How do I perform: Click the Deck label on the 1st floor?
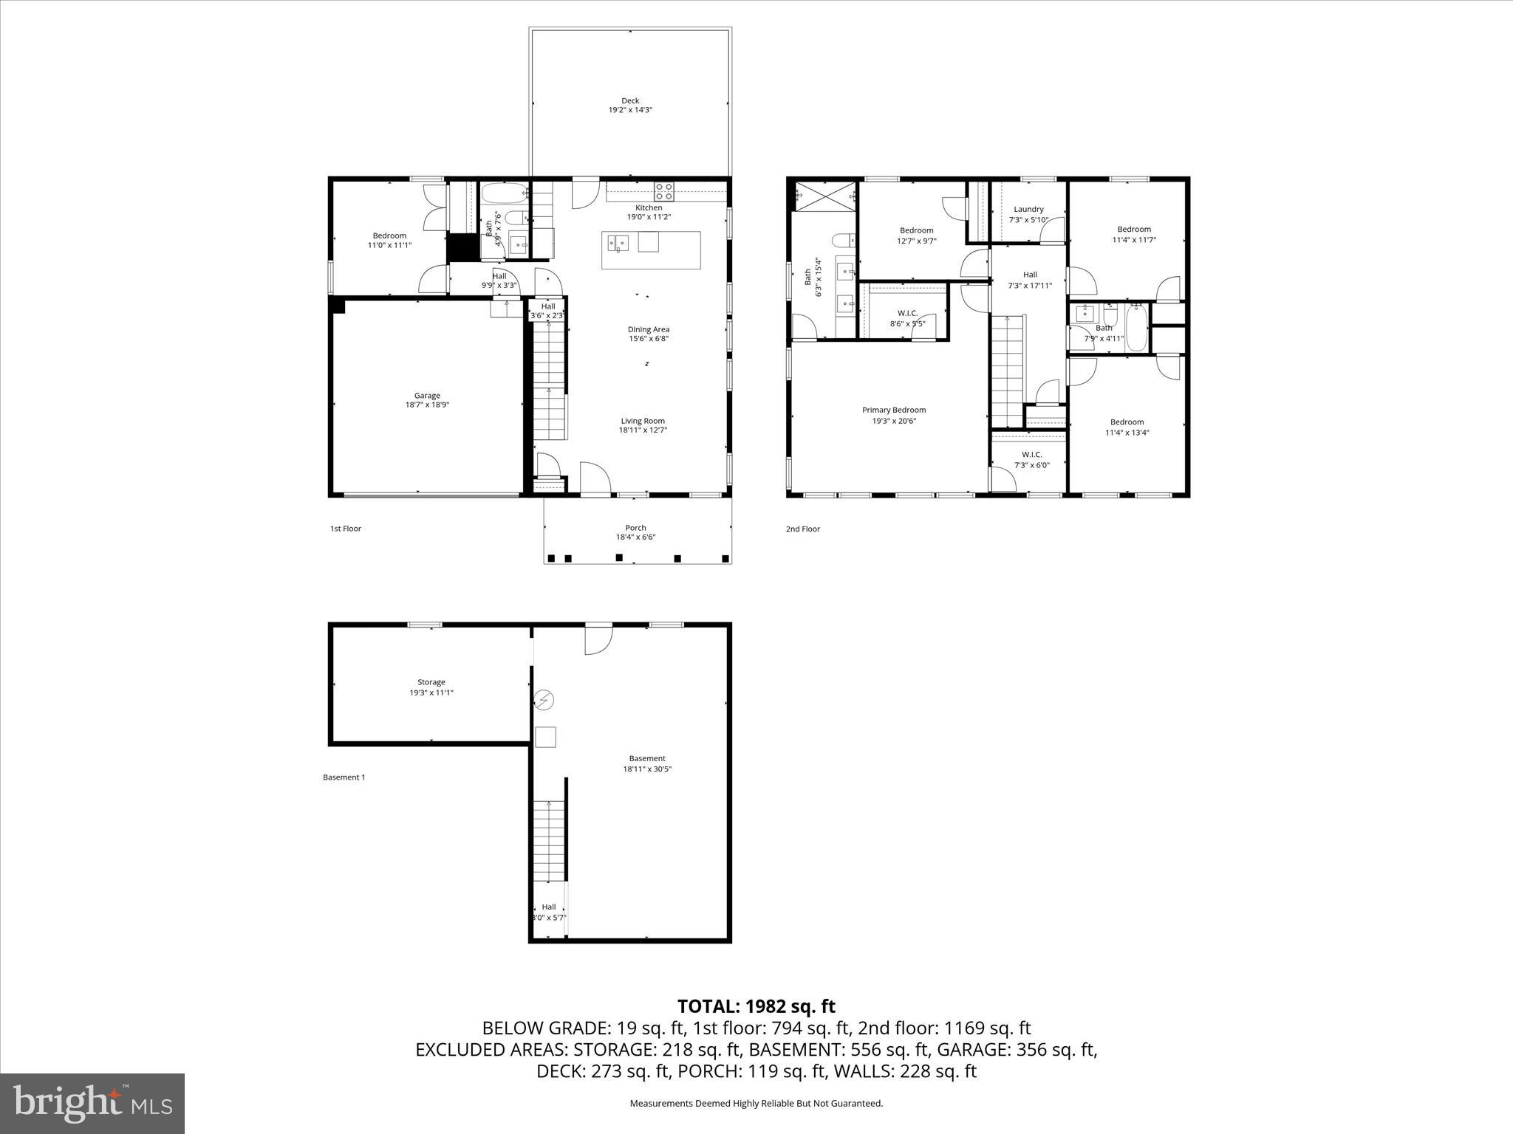(630, 101)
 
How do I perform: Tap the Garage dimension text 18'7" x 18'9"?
(427, 405)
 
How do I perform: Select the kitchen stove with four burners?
(663, 192)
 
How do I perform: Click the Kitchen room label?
(649, 207)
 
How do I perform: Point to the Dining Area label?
(649, 329)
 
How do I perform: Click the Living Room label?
(643, 421)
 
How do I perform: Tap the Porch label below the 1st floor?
(635, 528)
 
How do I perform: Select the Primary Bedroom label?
(894, 410)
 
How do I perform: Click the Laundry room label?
(1028, 209)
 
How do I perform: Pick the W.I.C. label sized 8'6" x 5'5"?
(907, 313)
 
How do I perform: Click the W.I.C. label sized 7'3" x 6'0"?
(1031, 454)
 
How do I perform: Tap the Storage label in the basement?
(431, 682)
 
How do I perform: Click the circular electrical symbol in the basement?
(544, 700)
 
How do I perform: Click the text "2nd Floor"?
(802, 529)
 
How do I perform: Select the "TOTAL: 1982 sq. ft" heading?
(756, 1006)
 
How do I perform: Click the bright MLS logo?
(92, 1103)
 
